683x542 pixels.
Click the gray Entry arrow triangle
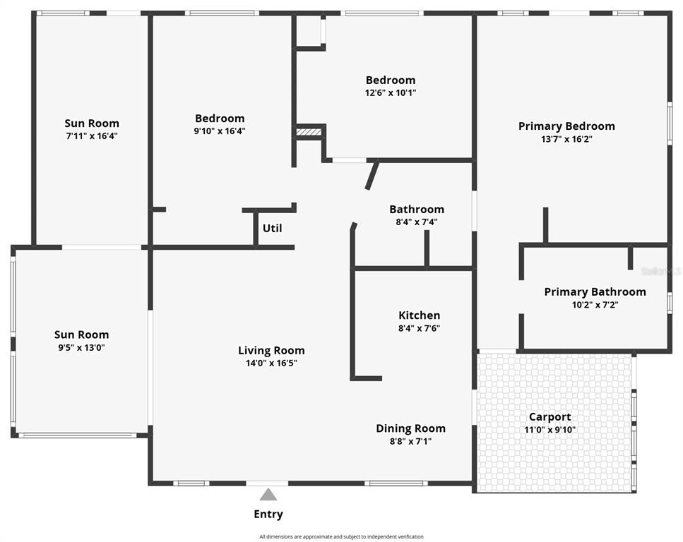click(x=268, y=495)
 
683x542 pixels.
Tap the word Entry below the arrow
click(x=268, y=514)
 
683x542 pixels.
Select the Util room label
click(x=272, y=228)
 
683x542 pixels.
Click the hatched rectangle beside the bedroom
click(x=309, y=132)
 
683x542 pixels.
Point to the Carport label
click(x=550, y=417)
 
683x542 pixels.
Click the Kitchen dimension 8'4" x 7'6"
click(x=419, y=328)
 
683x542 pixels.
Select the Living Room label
click(x=271, y=351)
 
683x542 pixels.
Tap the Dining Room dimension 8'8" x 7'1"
click(x=411, y=442)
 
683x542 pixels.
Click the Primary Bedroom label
click(x=566, y=126)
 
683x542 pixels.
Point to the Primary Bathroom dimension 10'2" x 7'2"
click(x=595, y=305)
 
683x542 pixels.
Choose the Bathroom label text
click(x=417, y=210)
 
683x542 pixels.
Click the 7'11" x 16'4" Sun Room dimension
click(x=92, y=136)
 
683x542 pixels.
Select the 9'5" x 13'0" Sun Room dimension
click(x=82, y=348)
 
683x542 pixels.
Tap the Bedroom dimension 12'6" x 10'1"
click(x=391, y=92)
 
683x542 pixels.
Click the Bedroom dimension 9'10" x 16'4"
click(x=220, y=131)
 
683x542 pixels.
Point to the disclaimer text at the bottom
click(x=342, y=537)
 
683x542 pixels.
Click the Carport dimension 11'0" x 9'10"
click(x=550, y=430)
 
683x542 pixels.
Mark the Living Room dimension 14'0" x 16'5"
click(x=271, y=363)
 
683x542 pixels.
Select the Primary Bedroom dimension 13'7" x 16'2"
click(x=566, y=139)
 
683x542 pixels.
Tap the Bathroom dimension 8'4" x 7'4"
click(x=417, y=222)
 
